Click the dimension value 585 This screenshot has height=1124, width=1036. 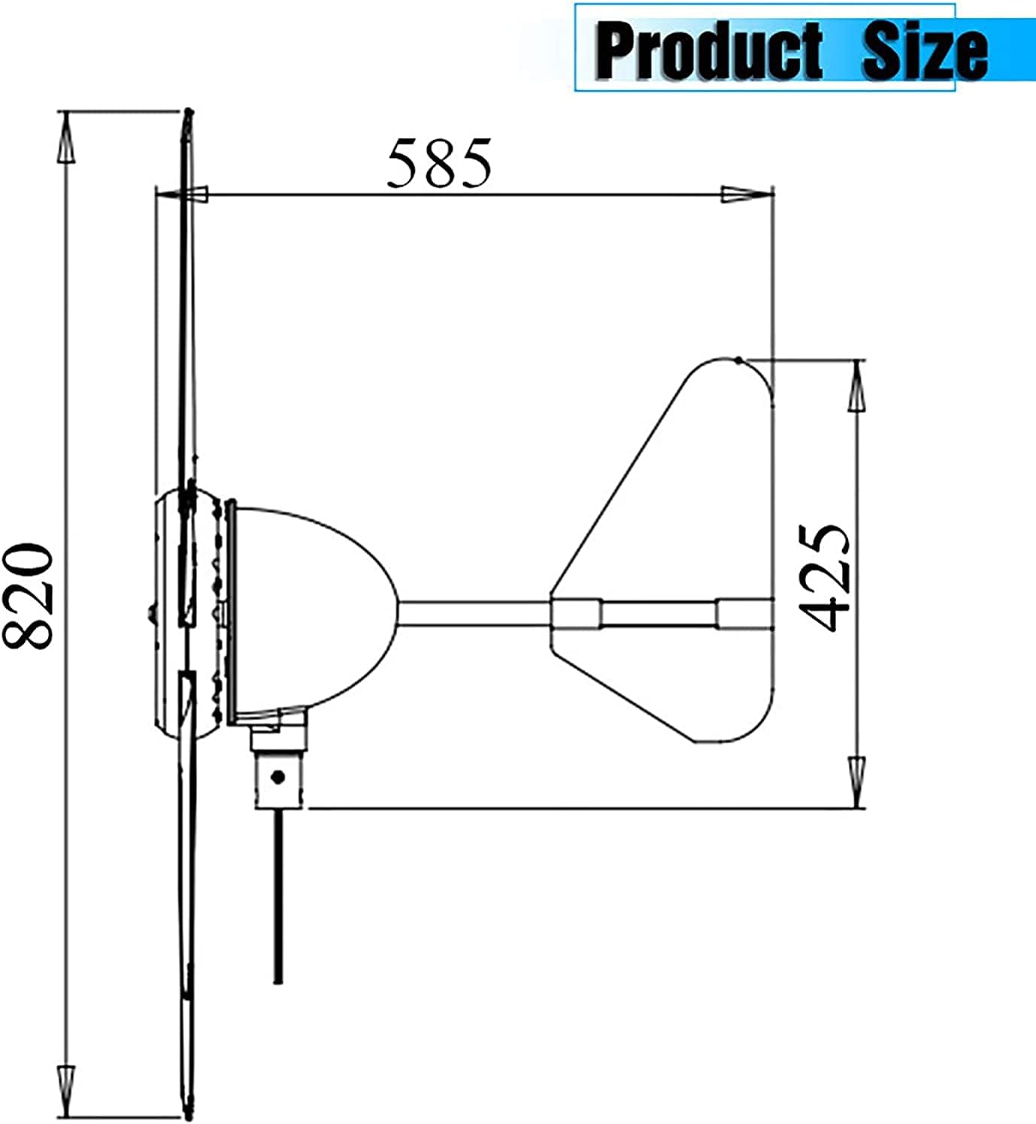pos(439,163)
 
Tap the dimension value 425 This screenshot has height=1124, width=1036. pos(823,577)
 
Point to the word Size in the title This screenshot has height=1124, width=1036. pos(924,51)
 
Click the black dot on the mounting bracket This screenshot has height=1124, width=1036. pos(278,777)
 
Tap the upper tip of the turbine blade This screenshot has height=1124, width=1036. pos(188,113)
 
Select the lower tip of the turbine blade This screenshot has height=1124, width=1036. pos(186,1113)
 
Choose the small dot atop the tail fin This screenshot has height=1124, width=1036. pos(739,360)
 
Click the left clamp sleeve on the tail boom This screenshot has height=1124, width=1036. pos(577,613)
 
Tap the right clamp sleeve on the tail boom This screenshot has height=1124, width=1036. pos(744,613)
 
